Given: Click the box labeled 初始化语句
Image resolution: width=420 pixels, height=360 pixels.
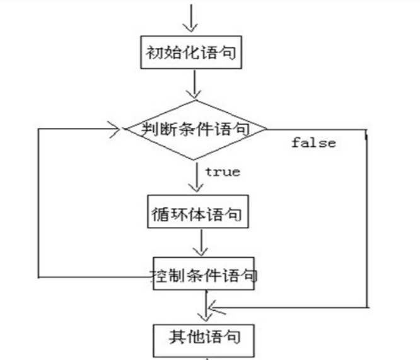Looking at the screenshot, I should coord(192,53).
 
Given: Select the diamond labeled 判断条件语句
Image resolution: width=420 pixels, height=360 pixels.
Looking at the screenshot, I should coord(194,129).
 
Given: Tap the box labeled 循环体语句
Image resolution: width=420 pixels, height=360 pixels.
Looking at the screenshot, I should coord(197,215).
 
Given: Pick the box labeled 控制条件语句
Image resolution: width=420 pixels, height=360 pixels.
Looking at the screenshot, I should coord(204,275).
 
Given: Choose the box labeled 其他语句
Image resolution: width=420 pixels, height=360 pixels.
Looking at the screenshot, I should coord(204,335).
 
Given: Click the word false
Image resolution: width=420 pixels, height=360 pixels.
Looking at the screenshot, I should coord(313,143).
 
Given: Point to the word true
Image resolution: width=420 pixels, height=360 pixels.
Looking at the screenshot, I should coord(222,171).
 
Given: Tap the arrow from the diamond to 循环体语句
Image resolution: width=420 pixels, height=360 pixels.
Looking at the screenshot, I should coord(197,180).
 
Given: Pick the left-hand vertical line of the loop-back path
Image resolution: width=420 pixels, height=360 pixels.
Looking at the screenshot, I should coord(39,202).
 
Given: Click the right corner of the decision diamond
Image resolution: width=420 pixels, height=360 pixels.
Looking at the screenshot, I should coord(265,129).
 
